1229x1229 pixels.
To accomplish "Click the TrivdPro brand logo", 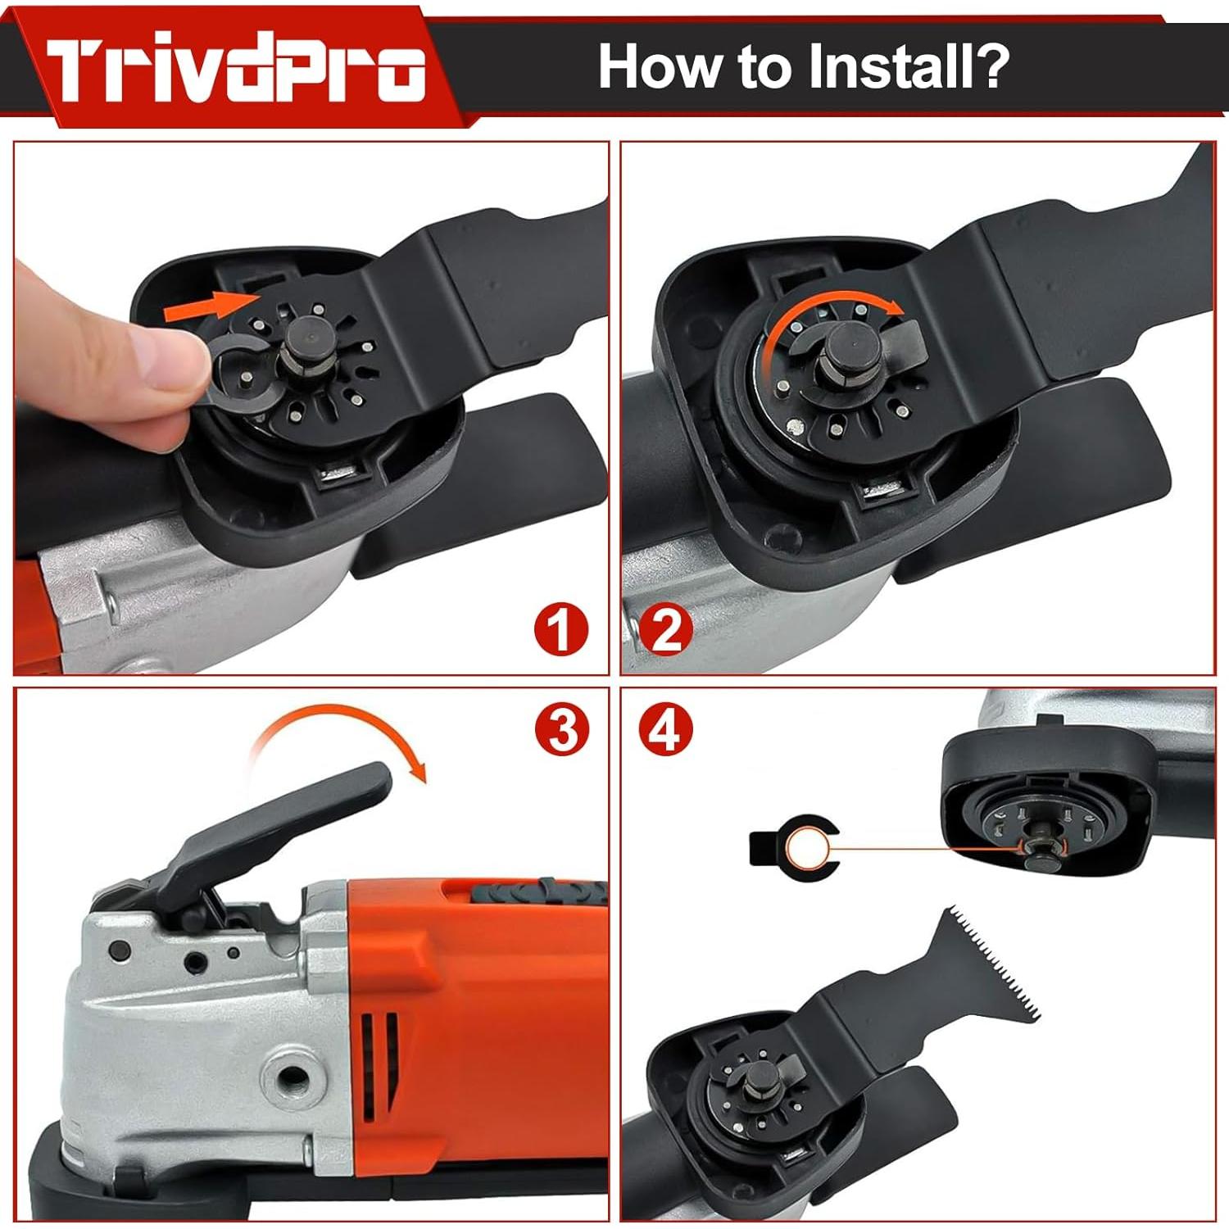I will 236,69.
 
